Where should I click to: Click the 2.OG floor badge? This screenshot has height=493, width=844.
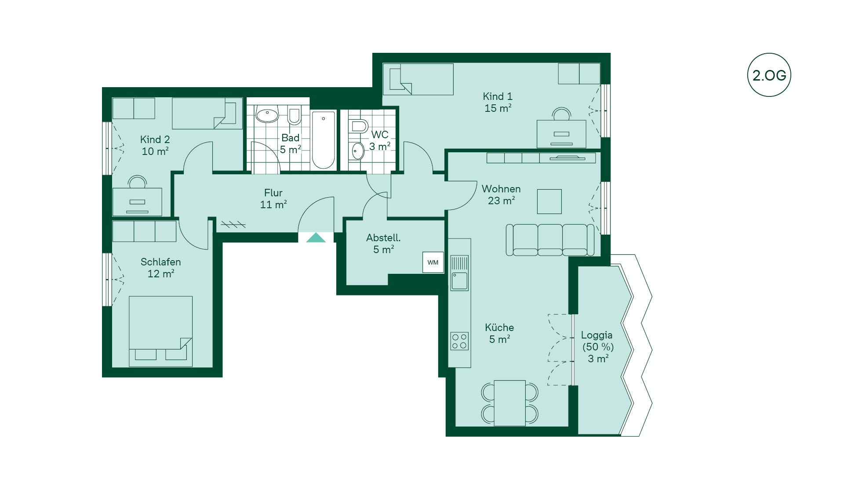(x=769, y=75)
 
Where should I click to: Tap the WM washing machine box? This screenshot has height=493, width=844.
(x=433, y=262)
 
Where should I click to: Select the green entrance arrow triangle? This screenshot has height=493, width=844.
(x=316, y=238)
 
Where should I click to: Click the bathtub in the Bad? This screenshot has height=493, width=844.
(x=324, y=140)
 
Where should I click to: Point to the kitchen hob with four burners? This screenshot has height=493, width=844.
(x=459, y=341)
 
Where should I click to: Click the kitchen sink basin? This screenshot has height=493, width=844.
(x=459, y=281)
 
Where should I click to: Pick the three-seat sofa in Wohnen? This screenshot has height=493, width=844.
(x=550, y=240)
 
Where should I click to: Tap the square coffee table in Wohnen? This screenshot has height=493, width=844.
(x=549, y=202)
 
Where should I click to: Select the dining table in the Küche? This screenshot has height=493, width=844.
(x=509, y=403)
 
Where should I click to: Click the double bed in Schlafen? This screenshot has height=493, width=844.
(x=160, y=331)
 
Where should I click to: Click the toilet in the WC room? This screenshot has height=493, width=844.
(x=359, y=126)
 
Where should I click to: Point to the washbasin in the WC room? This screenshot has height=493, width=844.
(x=358, y=151)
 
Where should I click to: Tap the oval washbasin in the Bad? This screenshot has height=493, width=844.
(x=267, y=115)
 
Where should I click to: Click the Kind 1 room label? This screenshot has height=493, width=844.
(x=498, y=102)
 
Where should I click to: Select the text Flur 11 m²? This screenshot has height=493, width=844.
(x=273, y=199)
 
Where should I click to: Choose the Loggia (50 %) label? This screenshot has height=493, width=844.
(x=597, y=341)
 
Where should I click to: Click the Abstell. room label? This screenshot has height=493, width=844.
(x=383, y=243)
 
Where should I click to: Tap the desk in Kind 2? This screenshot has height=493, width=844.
(x=137, y=202)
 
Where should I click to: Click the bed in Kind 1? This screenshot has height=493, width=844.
(x=418, y=79)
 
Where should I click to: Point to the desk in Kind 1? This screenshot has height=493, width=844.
(x=561, y=134)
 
